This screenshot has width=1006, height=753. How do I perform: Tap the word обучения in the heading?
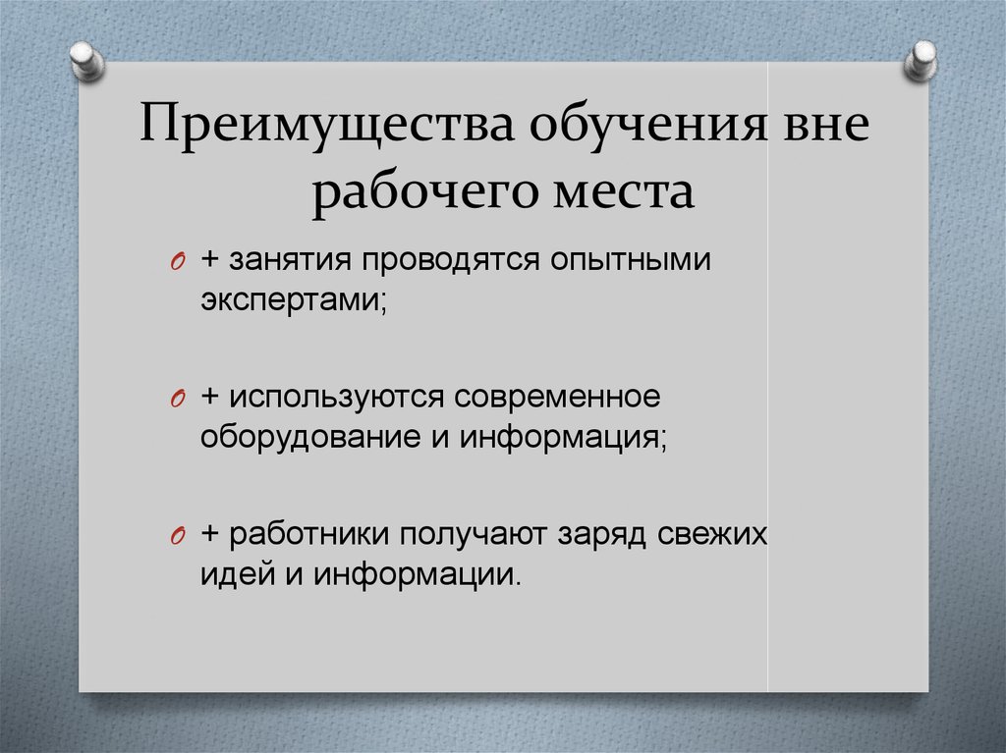[648, 123]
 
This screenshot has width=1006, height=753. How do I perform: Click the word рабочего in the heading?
[424, 192]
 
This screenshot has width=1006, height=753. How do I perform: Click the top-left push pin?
[86, 61]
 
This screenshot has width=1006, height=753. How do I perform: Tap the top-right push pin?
[920, 60]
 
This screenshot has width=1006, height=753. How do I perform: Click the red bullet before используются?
[178, 400]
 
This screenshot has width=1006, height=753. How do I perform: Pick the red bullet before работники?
[178, 537]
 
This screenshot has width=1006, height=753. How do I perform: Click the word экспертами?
[294, 300]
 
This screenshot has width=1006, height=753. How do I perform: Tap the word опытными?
[631, 260]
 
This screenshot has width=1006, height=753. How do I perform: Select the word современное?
[557, 397]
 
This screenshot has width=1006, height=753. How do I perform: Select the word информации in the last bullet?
[417, 575]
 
